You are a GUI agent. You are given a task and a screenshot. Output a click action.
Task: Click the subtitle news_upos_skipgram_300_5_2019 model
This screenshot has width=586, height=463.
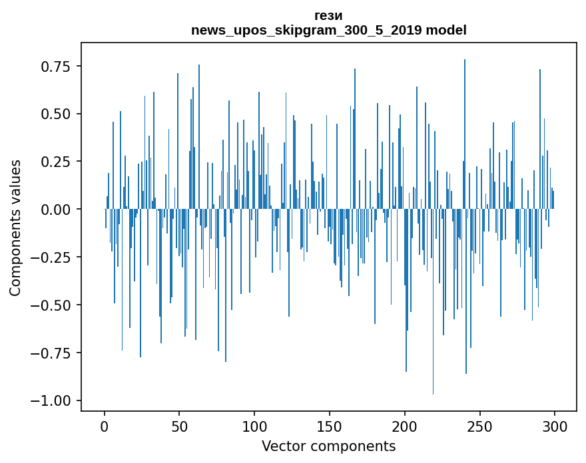(329, 30)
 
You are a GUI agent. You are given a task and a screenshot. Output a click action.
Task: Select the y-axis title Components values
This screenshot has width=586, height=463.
(15, 228)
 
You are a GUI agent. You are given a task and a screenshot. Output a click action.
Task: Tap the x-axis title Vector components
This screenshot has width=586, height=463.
(329, 446)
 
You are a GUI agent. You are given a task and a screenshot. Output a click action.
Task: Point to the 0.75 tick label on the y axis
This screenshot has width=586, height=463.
(56, 67)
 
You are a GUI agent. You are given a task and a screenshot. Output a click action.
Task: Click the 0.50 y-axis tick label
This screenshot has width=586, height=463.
(56, 114)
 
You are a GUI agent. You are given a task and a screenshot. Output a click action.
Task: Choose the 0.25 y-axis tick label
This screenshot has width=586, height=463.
(56, 162)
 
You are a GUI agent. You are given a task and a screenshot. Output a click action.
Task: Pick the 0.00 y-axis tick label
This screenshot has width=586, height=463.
(56, 210)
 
